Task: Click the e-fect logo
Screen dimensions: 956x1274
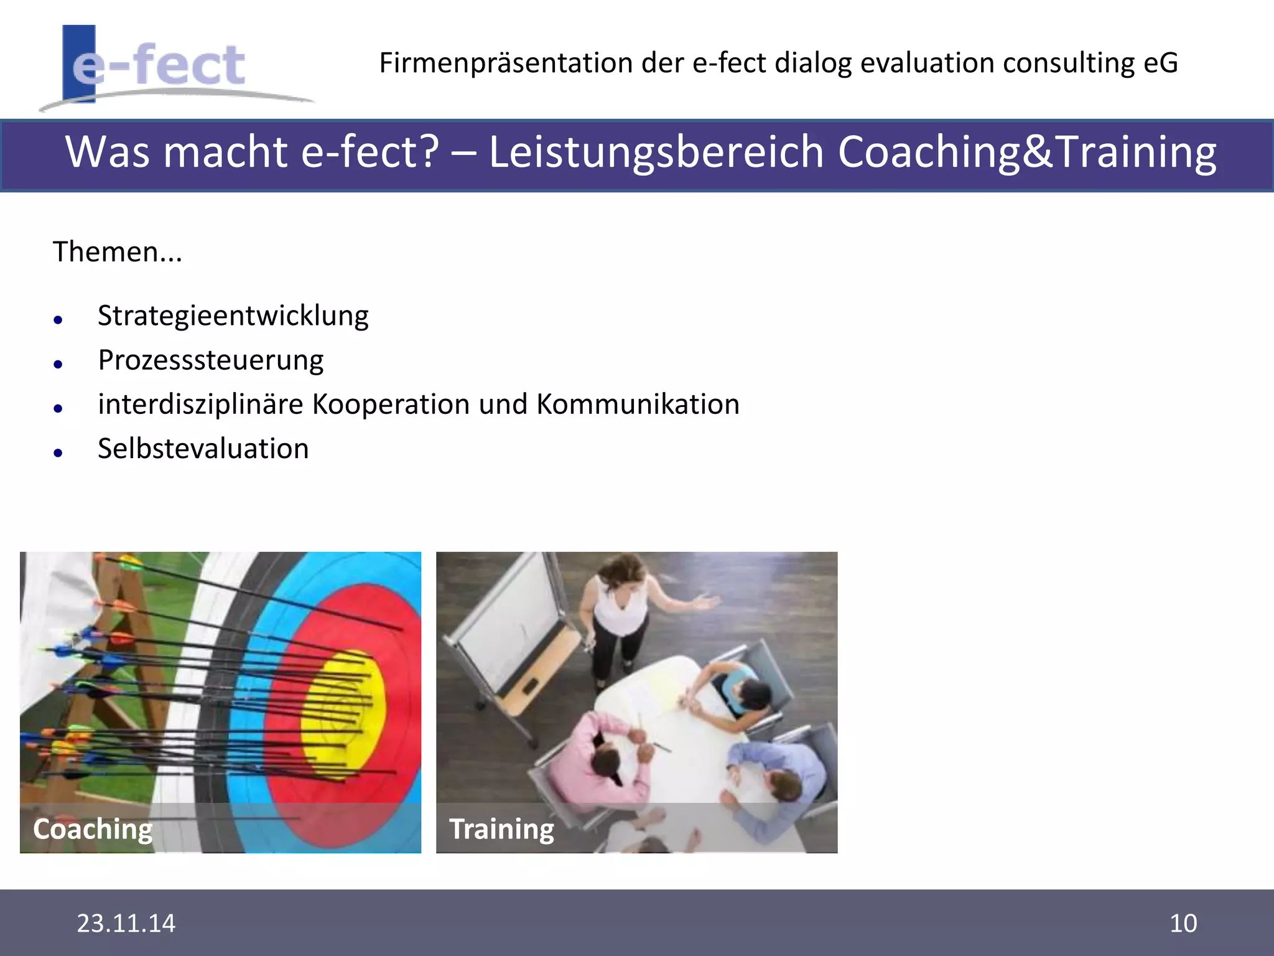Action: click(x=159, y=66)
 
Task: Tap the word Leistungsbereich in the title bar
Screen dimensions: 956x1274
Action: click(x=656, y=152)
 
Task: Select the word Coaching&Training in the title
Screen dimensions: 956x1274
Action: click(x=1026, y=152)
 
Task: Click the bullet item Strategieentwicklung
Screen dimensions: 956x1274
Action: click(x=233, y=316)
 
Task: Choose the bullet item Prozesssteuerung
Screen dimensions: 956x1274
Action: click(x=210, y=360)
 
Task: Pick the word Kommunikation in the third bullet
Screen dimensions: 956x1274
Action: click(x=638, y=405)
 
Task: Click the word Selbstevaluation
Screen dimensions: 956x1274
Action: click(x=203, y=449)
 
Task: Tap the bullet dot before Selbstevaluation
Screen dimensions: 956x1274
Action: click(x=58, y=453)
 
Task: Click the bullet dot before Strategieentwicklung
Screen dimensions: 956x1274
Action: click(x=58, y=321)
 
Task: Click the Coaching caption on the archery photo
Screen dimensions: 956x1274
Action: click(x=93, y=829)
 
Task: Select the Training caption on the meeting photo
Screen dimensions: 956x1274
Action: click(x=501, y=829)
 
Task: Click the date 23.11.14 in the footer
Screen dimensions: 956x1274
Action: click(x=126, y=923)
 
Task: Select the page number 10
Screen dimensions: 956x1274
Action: click(x=1183, y=923)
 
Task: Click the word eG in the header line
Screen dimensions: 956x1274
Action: click(x=1160, y=63)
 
